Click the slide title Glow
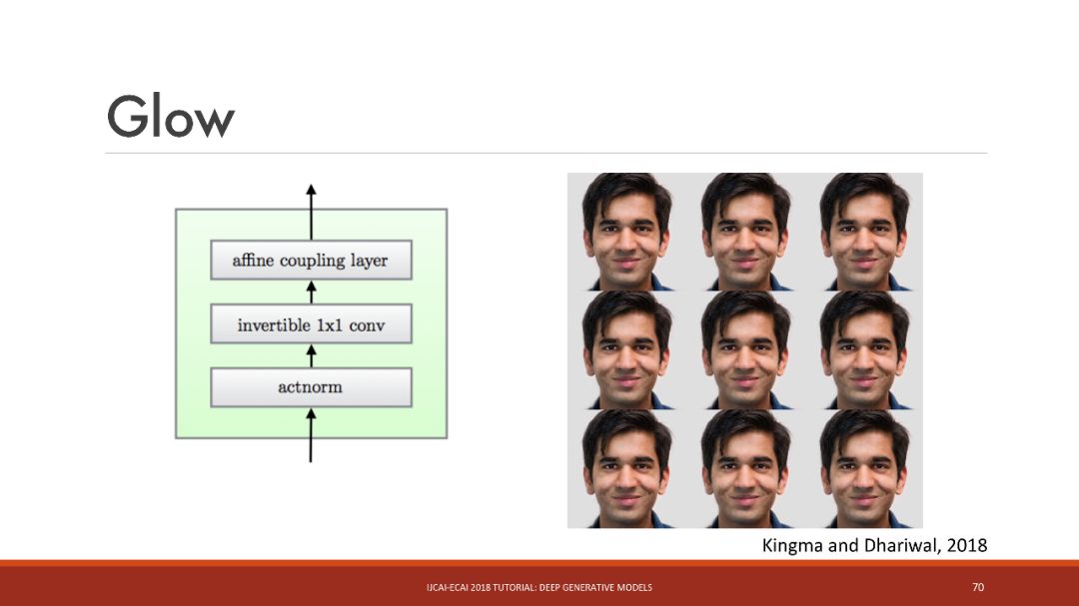coord(171,117)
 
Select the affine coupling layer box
coord(311,261)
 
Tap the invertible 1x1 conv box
coord(311,324)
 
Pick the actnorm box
coord(311,387)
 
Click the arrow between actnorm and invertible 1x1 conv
coord(311,355)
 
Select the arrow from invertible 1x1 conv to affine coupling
coord(311,292)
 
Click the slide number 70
coord(978,587)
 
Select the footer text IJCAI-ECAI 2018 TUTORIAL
coord(490,587)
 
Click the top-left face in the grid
coord(626,232)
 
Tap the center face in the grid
coord(745,349)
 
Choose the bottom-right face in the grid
coord(864,468)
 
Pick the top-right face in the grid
coord(864,232)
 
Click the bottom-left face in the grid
coord(626,468)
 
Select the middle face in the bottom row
coord(745,468)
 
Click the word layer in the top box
coord(369,261)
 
